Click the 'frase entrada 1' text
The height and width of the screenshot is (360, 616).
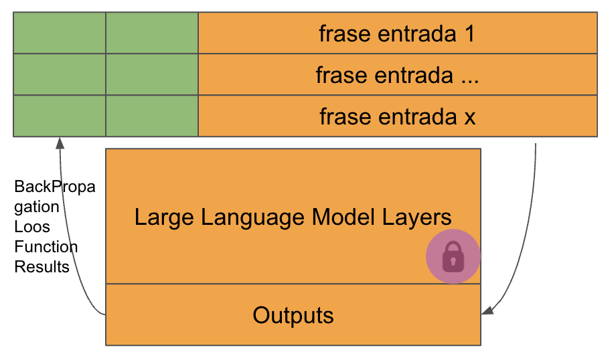point(397,33)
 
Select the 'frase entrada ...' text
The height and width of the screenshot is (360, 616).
point(397,75)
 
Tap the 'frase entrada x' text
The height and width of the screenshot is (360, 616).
point(397,116)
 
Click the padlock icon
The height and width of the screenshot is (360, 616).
point(453,257)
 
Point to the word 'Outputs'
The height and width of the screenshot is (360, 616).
point(293,315)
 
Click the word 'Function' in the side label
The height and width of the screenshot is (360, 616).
point(46,247)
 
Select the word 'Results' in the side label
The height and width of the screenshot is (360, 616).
point(42,267)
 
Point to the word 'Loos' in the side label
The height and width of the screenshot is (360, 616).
point(32,227)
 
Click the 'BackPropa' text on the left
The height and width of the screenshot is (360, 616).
point(55,187)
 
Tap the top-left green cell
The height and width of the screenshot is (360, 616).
point(60,33)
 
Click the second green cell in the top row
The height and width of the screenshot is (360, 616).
point(152,33)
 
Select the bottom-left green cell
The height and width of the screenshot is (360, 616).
point(60,116)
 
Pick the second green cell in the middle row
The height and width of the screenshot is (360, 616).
point(152,74)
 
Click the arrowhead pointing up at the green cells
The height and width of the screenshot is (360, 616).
point(60,143)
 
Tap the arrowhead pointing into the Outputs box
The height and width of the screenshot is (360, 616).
point(487,310)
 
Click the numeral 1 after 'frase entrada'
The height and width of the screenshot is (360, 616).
point(470,33)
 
